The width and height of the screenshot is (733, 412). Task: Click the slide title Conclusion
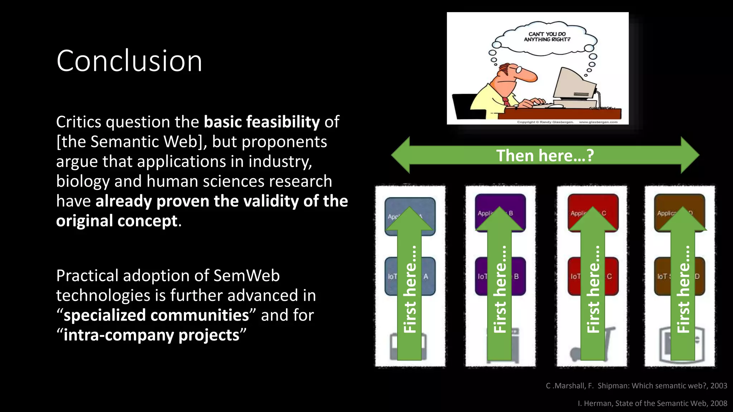coord(129,61)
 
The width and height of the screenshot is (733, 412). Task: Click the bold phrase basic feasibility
coord(262,122)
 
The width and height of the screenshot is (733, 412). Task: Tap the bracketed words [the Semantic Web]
coord(131,142)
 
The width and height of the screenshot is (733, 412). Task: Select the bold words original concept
coord(117,221)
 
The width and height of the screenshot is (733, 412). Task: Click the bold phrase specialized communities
coord(156,315)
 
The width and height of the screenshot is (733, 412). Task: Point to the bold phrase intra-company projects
coord(151,335)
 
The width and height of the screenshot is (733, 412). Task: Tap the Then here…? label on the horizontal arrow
coord(545,156)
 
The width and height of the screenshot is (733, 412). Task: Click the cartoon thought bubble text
coord(547,37)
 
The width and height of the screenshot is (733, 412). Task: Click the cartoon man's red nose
coord(530,75)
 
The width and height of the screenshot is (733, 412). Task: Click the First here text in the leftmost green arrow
coord(410,290)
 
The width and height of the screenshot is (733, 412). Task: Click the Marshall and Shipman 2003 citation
coord(636,386)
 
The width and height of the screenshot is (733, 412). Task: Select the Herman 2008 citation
coord(652,403)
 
